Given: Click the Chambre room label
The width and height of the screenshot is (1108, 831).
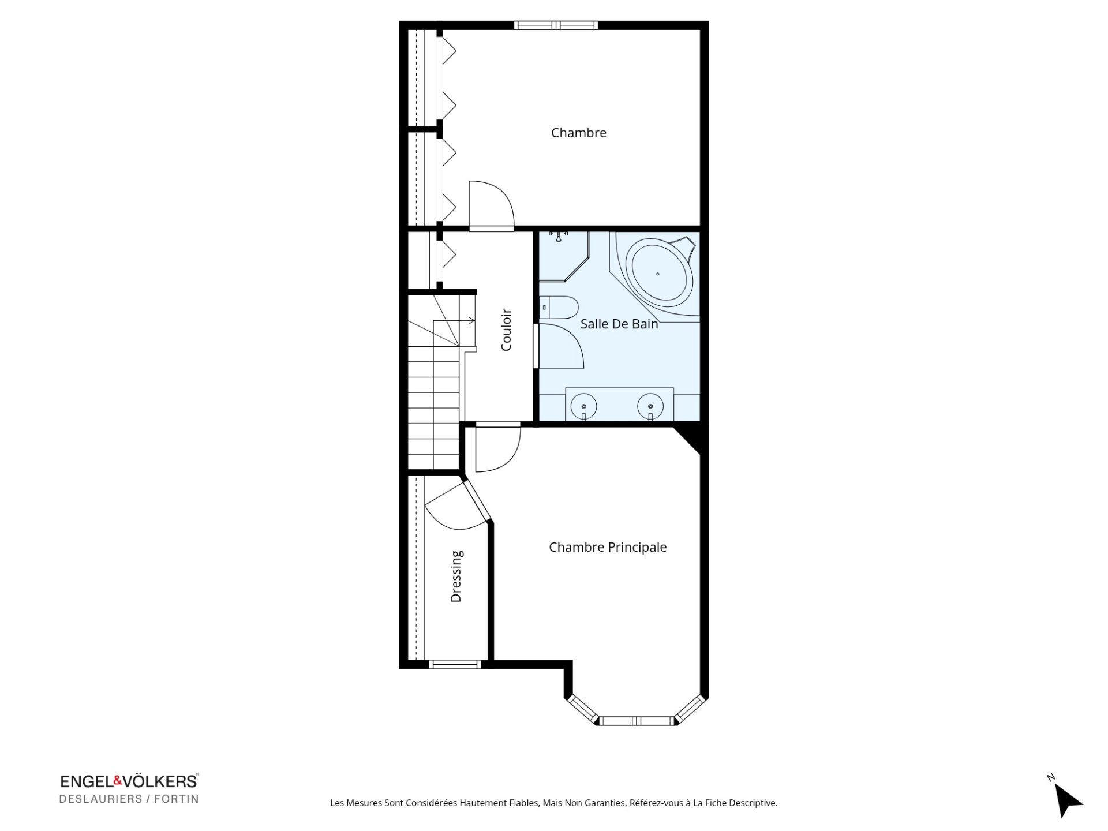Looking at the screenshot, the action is click(578, 133).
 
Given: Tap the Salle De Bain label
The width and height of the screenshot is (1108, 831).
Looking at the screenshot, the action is click(619, 324).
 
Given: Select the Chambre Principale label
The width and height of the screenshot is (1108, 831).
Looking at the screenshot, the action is click(608, 547).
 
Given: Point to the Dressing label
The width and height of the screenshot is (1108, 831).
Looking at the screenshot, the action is click(456, 577).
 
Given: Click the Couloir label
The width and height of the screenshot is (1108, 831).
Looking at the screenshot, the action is click(506, 330).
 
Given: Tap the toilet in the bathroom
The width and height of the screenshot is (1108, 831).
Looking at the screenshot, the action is click(559, 308).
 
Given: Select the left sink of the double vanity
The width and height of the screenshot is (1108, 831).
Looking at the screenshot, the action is click(583, 405).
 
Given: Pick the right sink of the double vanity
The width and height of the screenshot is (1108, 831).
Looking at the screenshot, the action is click(650, 405).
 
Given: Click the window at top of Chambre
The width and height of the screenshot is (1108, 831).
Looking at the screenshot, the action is click(556, 25).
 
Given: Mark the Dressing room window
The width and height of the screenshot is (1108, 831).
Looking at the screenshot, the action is click(455, 664).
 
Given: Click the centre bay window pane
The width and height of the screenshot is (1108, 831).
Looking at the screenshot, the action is click(637, 721).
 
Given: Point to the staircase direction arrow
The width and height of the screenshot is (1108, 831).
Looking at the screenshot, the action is click(454, 321).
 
